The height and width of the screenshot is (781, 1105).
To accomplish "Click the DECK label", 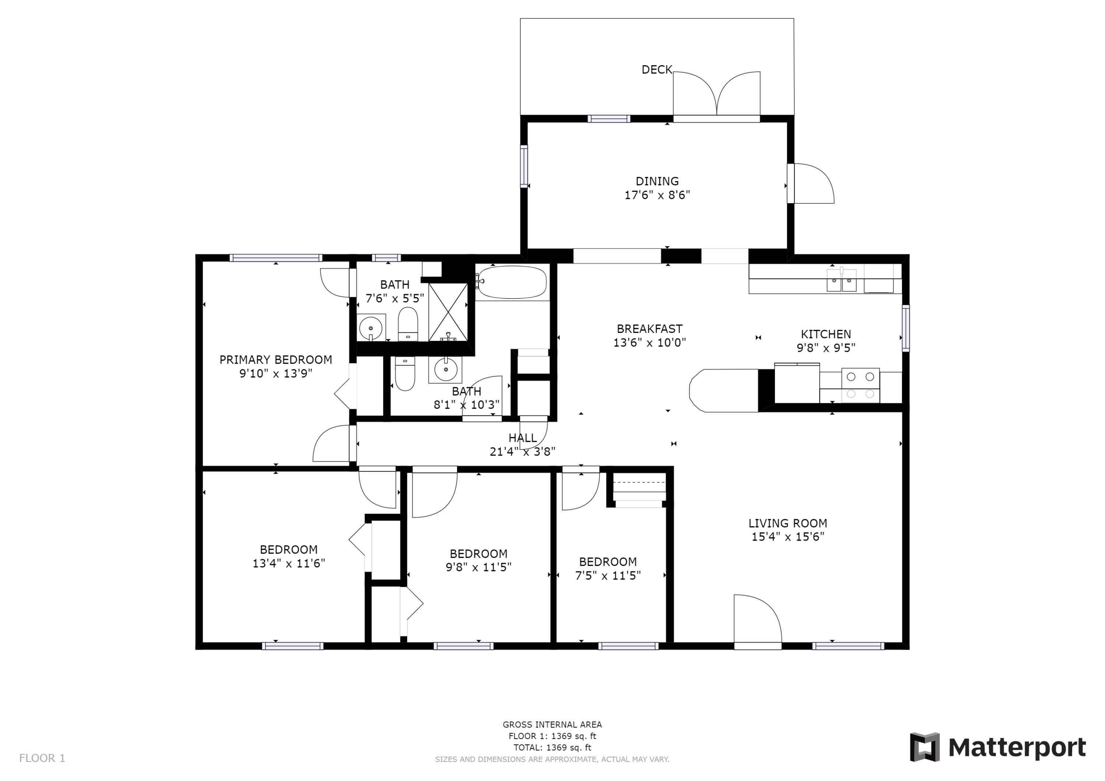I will tap(656, 70).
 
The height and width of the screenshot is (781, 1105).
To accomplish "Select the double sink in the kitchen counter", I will tap(841, 281).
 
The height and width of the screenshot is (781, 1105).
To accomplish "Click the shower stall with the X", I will tap(448, 312).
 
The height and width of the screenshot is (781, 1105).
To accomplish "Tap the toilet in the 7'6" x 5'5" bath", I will tap(408, 324).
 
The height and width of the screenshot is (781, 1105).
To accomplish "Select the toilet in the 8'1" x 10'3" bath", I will tap(405, 373).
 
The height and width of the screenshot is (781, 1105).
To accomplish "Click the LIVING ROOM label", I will tap(787, 523).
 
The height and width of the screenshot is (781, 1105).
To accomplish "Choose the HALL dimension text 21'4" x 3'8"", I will tap(522, 452).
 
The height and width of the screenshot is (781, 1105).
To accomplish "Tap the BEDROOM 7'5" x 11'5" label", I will tap(607, 562).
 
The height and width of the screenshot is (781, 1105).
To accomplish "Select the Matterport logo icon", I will tap(925, 748).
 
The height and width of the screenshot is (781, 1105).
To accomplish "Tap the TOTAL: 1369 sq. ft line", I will tap(552, 748).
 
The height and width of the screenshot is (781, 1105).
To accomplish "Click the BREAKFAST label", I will tap(649, 329).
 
